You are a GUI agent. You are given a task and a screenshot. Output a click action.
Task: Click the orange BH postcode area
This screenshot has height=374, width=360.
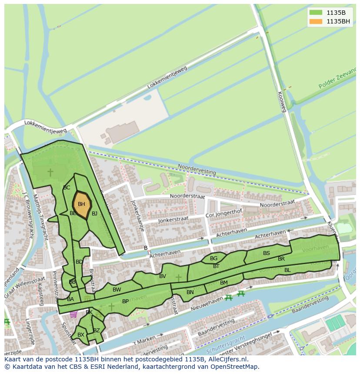(x=81, y=204)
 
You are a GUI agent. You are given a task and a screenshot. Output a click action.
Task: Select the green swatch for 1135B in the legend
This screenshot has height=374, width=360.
(x=316, y=12)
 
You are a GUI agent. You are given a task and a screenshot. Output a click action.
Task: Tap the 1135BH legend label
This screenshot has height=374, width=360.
(x=338, y=21)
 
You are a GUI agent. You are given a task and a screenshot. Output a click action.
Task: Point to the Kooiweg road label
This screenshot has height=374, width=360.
(x=281, y=102)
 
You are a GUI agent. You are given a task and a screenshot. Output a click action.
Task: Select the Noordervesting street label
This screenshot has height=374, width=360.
(x=197, y=169)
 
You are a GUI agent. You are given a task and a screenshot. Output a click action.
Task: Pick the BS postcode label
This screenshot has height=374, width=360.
(x=267, y=253)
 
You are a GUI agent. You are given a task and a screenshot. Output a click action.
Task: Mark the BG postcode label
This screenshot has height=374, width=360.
(x=213, y=258)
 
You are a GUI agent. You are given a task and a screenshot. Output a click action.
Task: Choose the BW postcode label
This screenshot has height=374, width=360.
(x=117, y=290)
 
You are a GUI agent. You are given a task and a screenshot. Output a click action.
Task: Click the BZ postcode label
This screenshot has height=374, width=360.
(x=97, y=331)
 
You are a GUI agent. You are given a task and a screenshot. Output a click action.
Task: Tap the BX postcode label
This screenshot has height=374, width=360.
(x=80, y=335)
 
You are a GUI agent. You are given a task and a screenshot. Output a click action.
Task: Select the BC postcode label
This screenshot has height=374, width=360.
(x=67, y=188)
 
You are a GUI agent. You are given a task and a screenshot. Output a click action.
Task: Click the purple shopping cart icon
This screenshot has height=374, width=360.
(x=73, y=314)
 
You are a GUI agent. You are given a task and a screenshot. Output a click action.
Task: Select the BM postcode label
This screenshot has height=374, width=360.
(x=223, y=283)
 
